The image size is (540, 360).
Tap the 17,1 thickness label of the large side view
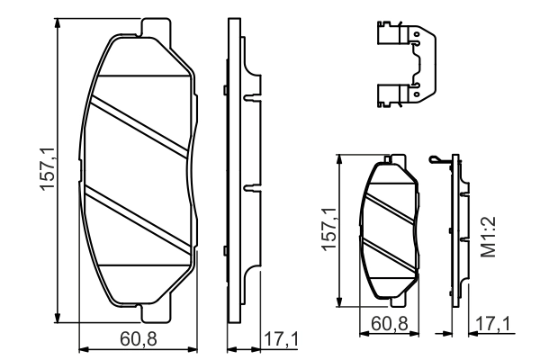tap(280, 338)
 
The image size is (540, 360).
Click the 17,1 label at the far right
tap(494, 321)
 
